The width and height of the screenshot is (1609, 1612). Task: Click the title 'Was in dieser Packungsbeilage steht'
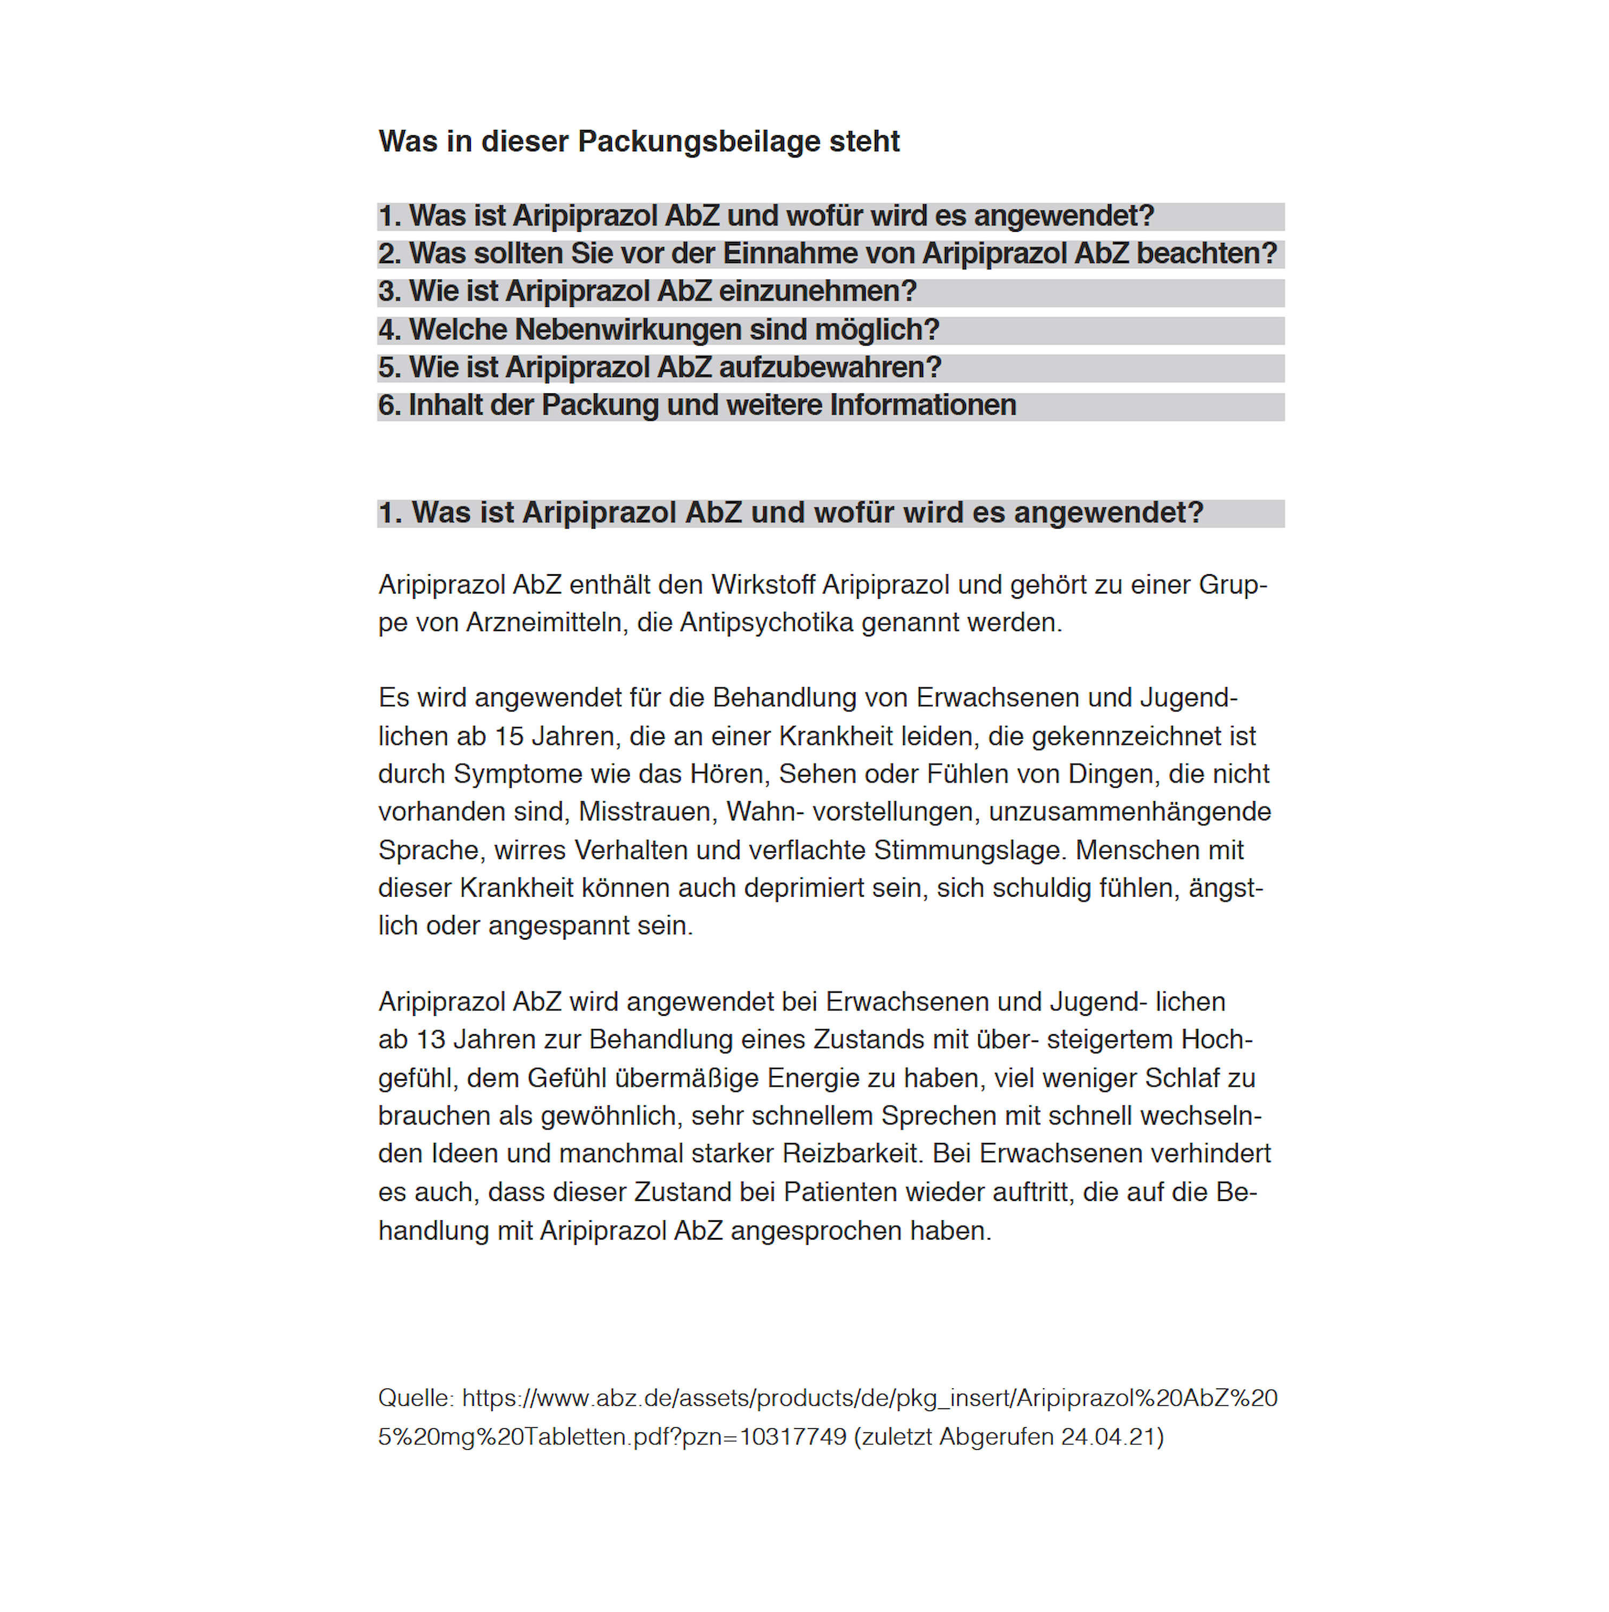(x=639, y=142)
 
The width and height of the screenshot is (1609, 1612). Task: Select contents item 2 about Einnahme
(x=826, y=254)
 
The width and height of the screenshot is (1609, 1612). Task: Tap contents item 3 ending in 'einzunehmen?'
(x=647, y=291)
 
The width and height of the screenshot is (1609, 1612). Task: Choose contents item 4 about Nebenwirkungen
(x=658, y=329)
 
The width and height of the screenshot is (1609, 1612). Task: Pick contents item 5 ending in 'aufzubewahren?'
(x=659, y=367)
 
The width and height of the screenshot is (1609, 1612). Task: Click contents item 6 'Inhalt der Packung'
(x=697, y=406)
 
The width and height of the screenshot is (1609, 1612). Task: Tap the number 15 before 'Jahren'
(x=509, y=737)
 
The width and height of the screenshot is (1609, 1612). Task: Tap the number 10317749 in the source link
(x=792, y=1437)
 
